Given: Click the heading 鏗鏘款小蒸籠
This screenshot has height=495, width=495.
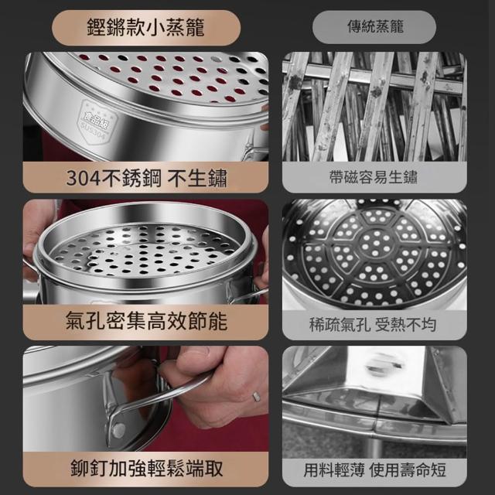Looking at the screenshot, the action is pos(145,28).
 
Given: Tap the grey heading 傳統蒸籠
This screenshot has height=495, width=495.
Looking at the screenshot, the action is pos(375,26).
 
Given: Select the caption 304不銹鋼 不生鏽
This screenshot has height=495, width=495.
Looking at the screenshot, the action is pos(146,178).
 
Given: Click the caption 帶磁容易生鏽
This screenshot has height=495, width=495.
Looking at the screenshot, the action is pos(373,177).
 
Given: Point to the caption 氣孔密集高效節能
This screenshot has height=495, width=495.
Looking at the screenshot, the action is pos(146,320).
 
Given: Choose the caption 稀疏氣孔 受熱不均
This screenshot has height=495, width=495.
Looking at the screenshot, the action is pos(373,325).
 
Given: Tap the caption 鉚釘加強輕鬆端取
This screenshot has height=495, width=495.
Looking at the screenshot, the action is pos(146,468).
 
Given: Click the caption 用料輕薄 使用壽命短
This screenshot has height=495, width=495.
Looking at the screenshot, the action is pos(374,470).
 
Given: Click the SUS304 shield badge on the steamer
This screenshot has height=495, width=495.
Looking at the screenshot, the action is pos(96,122).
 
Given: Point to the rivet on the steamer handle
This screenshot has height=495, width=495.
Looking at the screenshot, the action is pos(118,430).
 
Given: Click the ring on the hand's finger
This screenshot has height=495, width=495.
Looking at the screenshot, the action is pos(256,397).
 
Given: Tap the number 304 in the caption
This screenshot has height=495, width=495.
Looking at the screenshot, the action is pos(83,178).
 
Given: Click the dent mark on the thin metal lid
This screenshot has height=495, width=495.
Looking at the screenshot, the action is pos(384,364).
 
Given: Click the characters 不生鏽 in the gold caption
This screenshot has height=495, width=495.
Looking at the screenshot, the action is pos(197,178).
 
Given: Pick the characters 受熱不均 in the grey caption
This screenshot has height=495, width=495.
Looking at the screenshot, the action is pos(405,325).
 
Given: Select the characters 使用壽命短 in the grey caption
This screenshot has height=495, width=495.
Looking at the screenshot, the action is pos(408,470).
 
